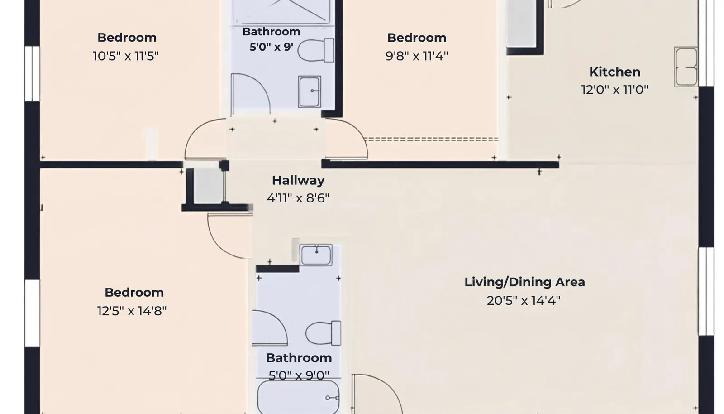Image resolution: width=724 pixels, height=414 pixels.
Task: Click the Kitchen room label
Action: (x=615, y=72)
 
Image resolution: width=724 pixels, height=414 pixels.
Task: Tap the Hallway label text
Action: (x=298, y=180)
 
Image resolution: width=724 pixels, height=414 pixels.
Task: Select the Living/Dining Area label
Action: (x=524, y=282)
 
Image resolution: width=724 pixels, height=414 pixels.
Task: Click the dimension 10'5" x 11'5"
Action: (x=126, y=56)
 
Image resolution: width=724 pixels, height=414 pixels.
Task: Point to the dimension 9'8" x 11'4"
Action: (x=417, y=56)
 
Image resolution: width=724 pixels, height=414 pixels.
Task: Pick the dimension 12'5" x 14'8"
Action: (x=132, y=311)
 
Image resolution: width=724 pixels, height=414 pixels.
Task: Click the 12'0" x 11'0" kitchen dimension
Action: (x=615, y=90)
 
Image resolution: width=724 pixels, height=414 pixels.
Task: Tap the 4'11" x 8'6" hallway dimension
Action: (x=298, y=198)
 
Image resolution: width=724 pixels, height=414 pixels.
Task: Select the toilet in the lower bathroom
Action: (x=323, y=333)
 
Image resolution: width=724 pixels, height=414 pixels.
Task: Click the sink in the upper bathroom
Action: (x=310, y=92)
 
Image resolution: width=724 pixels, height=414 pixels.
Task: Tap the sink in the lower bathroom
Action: (x=316, y=255)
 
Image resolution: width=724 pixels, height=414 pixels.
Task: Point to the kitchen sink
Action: (x=686, y=67)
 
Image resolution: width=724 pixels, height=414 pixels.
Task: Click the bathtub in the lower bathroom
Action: (x=298, y=397)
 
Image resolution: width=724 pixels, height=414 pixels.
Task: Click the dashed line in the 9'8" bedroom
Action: (x=431, y=140)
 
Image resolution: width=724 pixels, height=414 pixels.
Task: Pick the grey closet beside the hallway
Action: (x=209, y=186)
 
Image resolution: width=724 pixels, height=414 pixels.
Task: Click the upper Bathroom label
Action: (x=271, y=32)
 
